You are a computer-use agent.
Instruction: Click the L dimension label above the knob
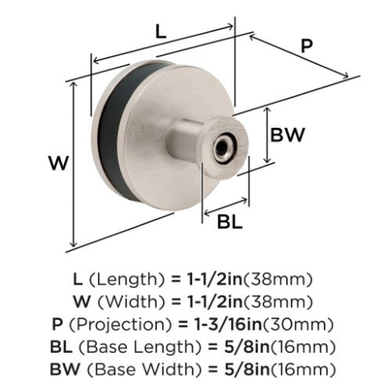pos(161,32)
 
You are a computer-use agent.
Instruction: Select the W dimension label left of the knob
pos(58,163)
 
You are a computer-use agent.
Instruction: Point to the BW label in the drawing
pos(288,135)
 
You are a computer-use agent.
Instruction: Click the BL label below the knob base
pos(230,222)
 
